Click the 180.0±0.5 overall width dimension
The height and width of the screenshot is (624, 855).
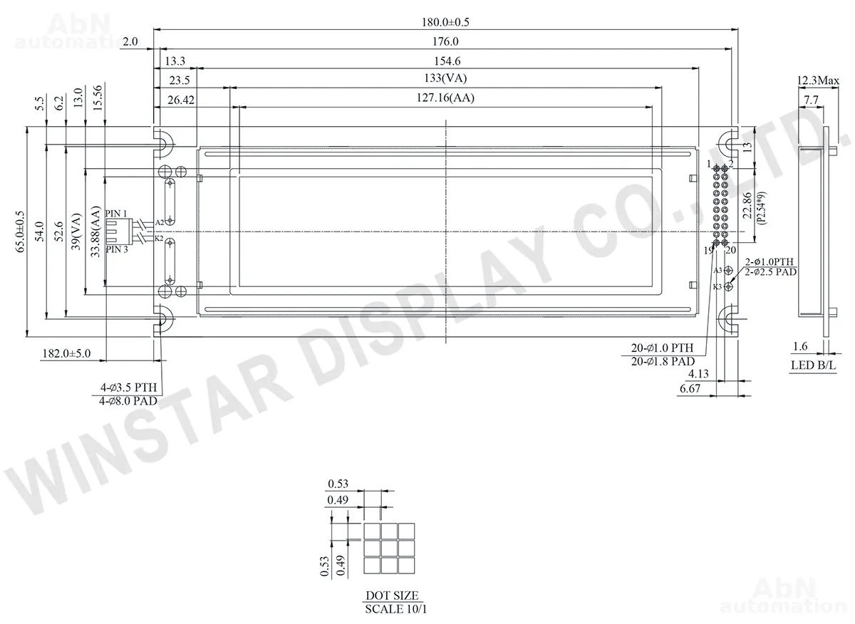pos(445,22)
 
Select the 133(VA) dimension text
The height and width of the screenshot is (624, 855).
pos(445,78)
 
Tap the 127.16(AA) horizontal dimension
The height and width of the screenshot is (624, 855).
pos(445,98)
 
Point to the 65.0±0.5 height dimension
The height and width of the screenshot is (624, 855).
pos(20,232)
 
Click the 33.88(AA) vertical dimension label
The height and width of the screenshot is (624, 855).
pos(95,232)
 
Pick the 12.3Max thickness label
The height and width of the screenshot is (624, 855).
pos(818,80)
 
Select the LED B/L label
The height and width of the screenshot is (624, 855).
pos(814,365)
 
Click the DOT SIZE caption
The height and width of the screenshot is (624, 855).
pos(392,596)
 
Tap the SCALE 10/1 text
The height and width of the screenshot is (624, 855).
pos(395,609)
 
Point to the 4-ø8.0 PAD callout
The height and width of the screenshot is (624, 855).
pos(128,401)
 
